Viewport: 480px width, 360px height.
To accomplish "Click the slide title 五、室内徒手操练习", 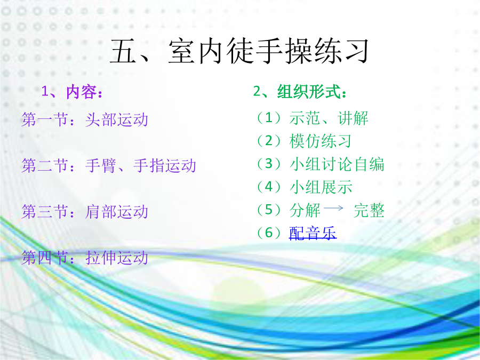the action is coord(239,51).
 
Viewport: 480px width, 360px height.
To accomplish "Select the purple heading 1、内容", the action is coord(71,92).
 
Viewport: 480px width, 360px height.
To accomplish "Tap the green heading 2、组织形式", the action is coord(300,92).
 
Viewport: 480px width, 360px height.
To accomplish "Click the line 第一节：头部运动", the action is coord(85,119).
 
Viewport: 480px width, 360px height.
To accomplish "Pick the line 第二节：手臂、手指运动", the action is coord(109,166).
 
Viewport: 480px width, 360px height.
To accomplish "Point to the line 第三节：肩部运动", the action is coord(85,212).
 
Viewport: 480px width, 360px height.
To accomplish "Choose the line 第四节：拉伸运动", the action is coord(85,258).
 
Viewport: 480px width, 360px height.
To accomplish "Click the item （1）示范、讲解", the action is coord(312,118).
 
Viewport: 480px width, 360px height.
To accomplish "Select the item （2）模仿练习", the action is coord(303,141).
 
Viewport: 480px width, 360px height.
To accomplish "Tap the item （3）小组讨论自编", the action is coord(320,164).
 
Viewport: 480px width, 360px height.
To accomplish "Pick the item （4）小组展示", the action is coord(304,187).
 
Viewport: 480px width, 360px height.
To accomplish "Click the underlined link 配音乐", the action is coord(313,233).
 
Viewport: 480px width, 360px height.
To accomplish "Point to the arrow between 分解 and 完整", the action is coord(333,208).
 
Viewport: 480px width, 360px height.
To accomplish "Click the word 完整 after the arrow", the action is coord(369,210).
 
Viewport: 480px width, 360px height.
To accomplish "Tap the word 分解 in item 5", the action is coord(305,210).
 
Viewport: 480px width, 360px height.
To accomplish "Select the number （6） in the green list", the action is coord(269,233).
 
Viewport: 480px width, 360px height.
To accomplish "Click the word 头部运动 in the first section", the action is coord(117,119).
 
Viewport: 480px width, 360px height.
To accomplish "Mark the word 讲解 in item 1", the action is coord(353,118).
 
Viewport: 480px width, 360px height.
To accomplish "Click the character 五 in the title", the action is coord(123,51).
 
